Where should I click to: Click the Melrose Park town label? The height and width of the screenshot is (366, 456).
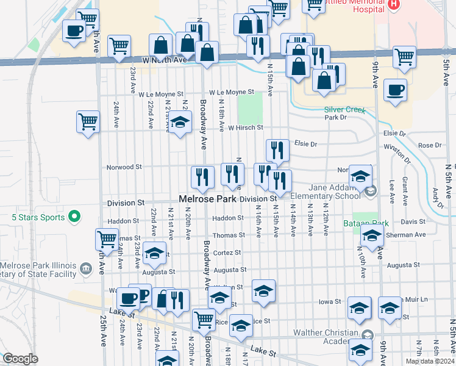pyautogui.click(x=208, y=199)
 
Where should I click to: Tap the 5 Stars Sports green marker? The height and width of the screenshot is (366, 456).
pyautogui.click(x=75, y=215)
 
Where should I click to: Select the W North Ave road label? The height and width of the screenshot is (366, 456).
pyautogui.click(x=164, y=60)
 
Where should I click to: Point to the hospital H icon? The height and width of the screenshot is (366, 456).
pyautogui.click(x=394, y=4)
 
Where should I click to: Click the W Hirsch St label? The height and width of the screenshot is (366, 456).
pyautogui.click(x=245, y=127)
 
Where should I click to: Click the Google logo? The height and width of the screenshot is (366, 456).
pyautogui.click(x=20, y=359)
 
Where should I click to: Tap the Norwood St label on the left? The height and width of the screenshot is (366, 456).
pyautogui.click(x=124, y=167)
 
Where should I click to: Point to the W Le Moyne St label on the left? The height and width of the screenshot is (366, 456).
pyautogui.click(x=161, y=95)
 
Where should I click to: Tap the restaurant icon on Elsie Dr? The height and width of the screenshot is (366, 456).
pyautogui.click(x=277, y=149)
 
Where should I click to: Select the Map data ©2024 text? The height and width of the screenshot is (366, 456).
pyautogui.click(x=430, y=362)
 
